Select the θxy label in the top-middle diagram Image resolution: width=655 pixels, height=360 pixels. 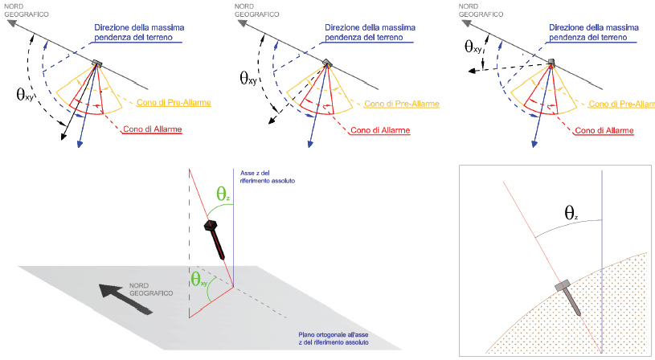tap(250, 78)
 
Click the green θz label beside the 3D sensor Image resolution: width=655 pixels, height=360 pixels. tap(223, 194)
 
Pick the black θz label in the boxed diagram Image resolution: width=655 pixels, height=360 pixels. tap(570, 213)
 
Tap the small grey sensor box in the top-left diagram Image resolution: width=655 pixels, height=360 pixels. tap(97, 63)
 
